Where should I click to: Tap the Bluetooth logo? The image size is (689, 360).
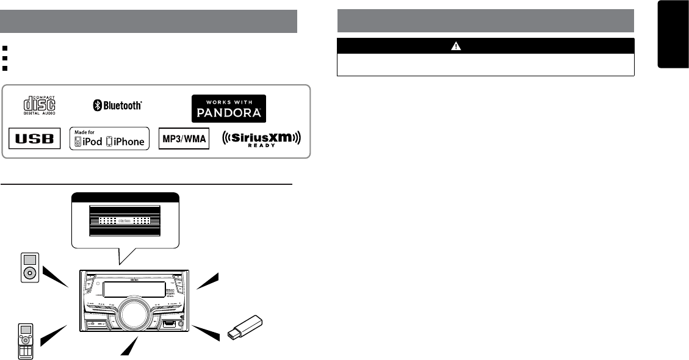(x=117, y=106)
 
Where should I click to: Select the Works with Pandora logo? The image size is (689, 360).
(x=229, y=108)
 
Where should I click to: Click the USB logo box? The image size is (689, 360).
(x=35, y=139)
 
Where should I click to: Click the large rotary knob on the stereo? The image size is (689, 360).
(x=132, y=312)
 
